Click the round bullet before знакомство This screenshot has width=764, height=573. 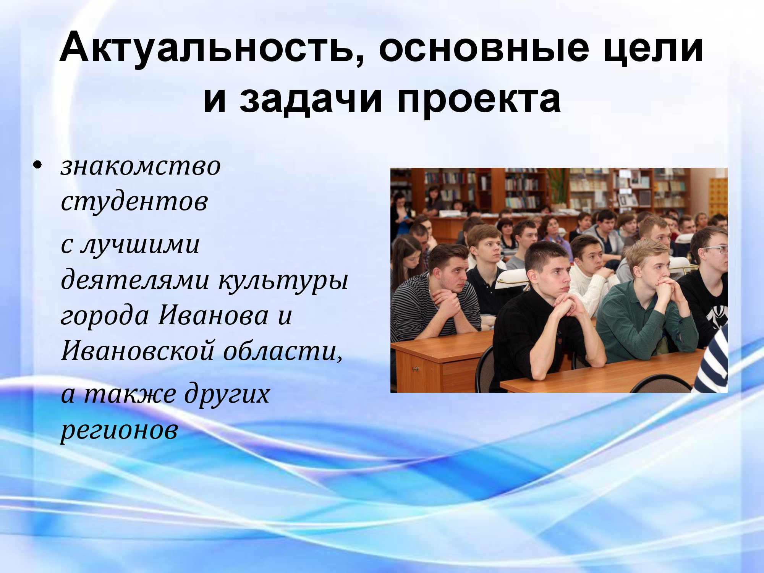[37, 165]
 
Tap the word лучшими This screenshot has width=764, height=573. [140, 244]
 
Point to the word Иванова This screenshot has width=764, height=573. [214, 316]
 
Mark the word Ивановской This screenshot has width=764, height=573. [138, 350]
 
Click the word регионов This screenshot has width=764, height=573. [120, 431]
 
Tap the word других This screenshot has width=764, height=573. [228, 393]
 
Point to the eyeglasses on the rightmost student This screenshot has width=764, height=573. [715, 250]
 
